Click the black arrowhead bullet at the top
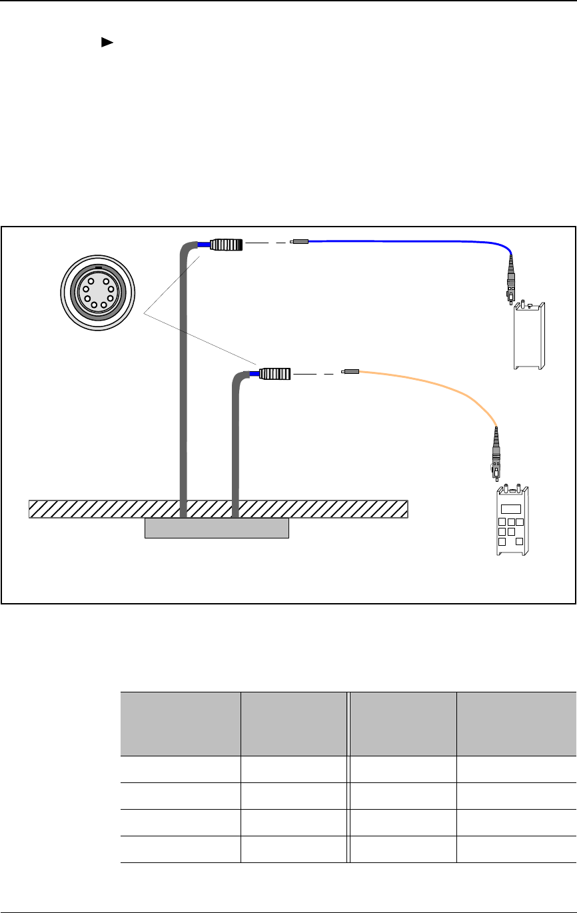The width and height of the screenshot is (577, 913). (105, 42)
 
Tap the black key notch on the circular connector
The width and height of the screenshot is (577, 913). (98, 267)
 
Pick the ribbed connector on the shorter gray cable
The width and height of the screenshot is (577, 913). (275, 374)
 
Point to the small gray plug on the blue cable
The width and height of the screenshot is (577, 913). (300, 243)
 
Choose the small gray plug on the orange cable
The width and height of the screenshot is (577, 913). (350, 371)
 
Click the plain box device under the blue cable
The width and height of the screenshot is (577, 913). (530, 337)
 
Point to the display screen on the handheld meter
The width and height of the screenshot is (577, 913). (511, 508)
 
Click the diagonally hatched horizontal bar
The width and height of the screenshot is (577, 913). (218, 508)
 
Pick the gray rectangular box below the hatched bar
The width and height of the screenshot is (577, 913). (217, 528)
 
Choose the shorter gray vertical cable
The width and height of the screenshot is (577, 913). (235, 447)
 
